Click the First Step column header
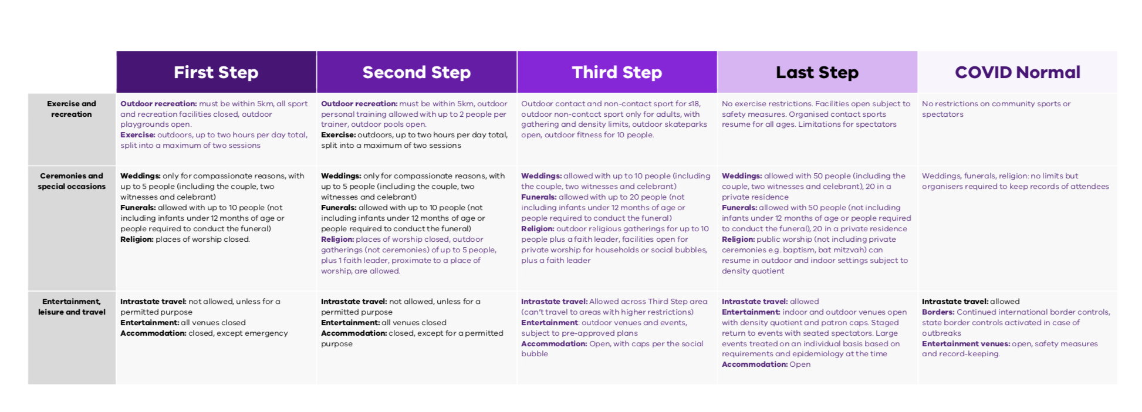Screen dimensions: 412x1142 [216, 72]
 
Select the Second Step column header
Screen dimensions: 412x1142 [417, 72]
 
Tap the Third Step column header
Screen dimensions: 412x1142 [617, 72]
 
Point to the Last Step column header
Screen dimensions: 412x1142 [817, 72]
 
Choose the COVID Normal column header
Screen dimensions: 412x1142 [1017, 72]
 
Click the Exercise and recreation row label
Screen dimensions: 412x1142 [72, 109]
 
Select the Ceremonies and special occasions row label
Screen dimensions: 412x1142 [72, 181]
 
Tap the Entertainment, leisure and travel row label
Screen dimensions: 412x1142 [72, 307]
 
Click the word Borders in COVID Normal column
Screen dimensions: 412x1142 [938, 312]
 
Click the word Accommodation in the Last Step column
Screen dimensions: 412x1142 [754, 364]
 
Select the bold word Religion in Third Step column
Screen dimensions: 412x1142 [537, 229]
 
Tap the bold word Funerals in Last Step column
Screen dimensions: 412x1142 [739, 208]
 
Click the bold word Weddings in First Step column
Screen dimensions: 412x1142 [140, 176]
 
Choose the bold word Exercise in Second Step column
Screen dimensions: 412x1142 [338, 135]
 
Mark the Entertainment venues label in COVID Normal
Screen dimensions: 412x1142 [965, 344]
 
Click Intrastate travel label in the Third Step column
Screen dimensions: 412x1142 [554, 302]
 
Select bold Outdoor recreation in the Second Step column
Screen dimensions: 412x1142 [359, 104]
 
